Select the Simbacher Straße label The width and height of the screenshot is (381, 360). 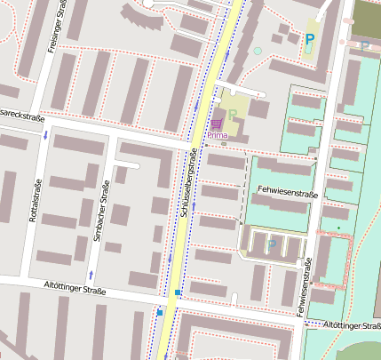tap(101, 211)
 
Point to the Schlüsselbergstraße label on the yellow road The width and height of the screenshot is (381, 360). tap(193, 183)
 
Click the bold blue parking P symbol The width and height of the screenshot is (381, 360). tap(309, 38)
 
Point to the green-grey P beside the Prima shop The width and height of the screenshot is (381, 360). tap(233, 115)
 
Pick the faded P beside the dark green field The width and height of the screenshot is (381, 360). tap(364, 44)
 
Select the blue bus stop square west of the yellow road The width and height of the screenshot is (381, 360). tap(160, 312)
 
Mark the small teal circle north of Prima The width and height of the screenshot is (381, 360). tap(258, 51)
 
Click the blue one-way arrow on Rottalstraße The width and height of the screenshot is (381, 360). tap(45, 135)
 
